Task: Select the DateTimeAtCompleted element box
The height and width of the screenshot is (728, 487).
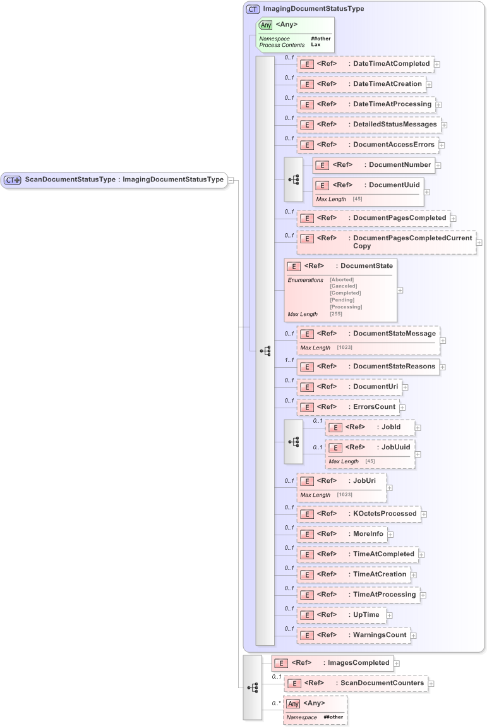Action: pyautogui.click(x=364, y=64)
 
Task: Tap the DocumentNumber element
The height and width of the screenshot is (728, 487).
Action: pyautogui.click(x=373, y=165)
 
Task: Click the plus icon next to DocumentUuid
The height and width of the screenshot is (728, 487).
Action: pyautogui.click(x=427, y=192)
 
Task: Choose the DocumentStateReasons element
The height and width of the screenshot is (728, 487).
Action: pyautogui.click(x=368, y=367)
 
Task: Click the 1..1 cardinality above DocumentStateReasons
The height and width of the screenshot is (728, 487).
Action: pyautogui.click(x=289, y=360)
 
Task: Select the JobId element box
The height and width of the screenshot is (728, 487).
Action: pyautogui.click(x=370, y=428)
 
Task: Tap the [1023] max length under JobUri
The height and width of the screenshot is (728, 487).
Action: pyautogui.click(x=344, y=495)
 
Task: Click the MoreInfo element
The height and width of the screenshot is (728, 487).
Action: pyautogui.click(x=342, y=534)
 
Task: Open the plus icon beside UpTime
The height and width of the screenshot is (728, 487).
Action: pyautogui.click(x=390, y=615)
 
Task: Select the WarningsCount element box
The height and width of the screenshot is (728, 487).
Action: pyautogui.click(x=353, y=635)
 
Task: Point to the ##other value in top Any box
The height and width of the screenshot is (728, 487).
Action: pyautogui.click(x=320, y=39)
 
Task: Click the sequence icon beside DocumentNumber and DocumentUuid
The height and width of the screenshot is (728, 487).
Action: pyautogui.click(x=294, y=179)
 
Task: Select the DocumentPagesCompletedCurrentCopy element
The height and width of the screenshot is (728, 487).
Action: pyautogui.click(x=386, y=241)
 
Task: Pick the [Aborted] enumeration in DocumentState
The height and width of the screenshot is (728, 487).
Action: pyautogui.click(x=342, y=279)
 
